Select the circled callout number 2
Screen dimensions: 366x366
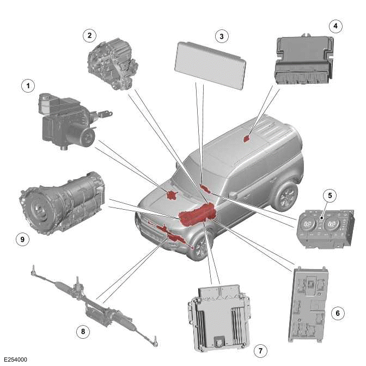pos(89,35)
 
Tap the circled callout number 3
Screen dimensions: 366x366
pos(221,36)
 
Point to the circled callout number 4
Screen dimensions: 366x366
pos(336,25)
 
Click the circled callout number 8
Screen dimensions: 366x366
pos(82,331)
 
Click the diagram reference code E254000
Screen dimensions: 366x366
pos(15,360)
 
